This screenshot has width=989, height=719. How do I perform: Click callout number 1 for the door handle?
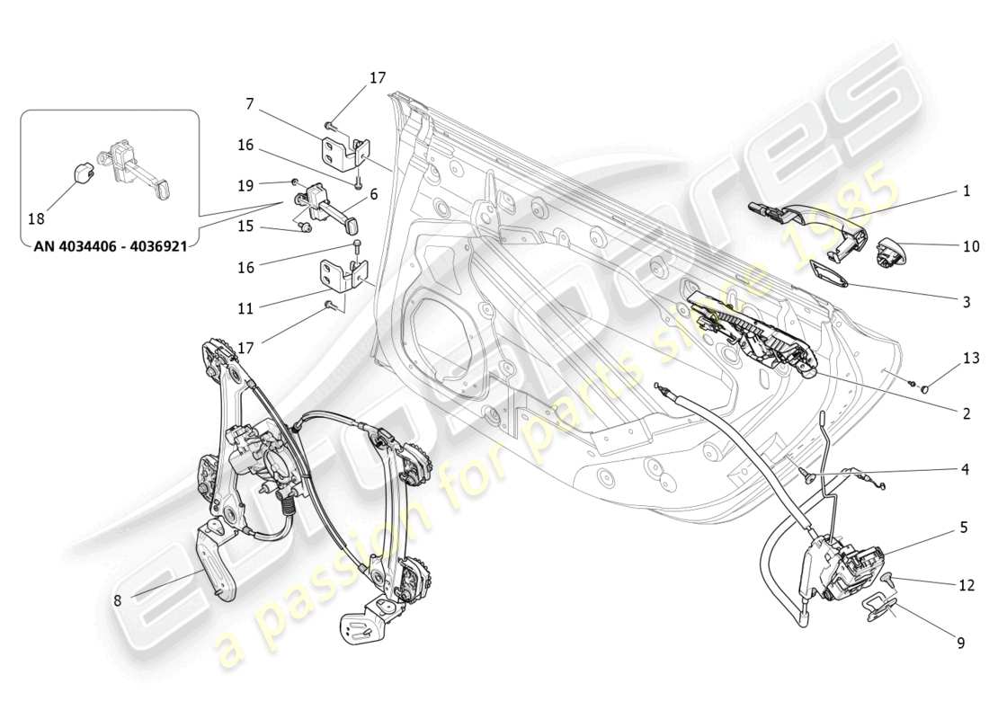coord(966,191)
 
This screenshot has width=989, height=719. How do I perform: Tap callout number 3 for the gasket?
coord(966,303)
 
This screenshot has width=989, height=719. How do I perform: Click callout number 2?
coord(966,414)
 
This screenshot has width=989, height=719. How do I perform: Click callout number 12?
coord(966,585)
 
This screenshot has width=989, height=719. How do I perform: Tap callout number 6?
coord(372,192)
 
